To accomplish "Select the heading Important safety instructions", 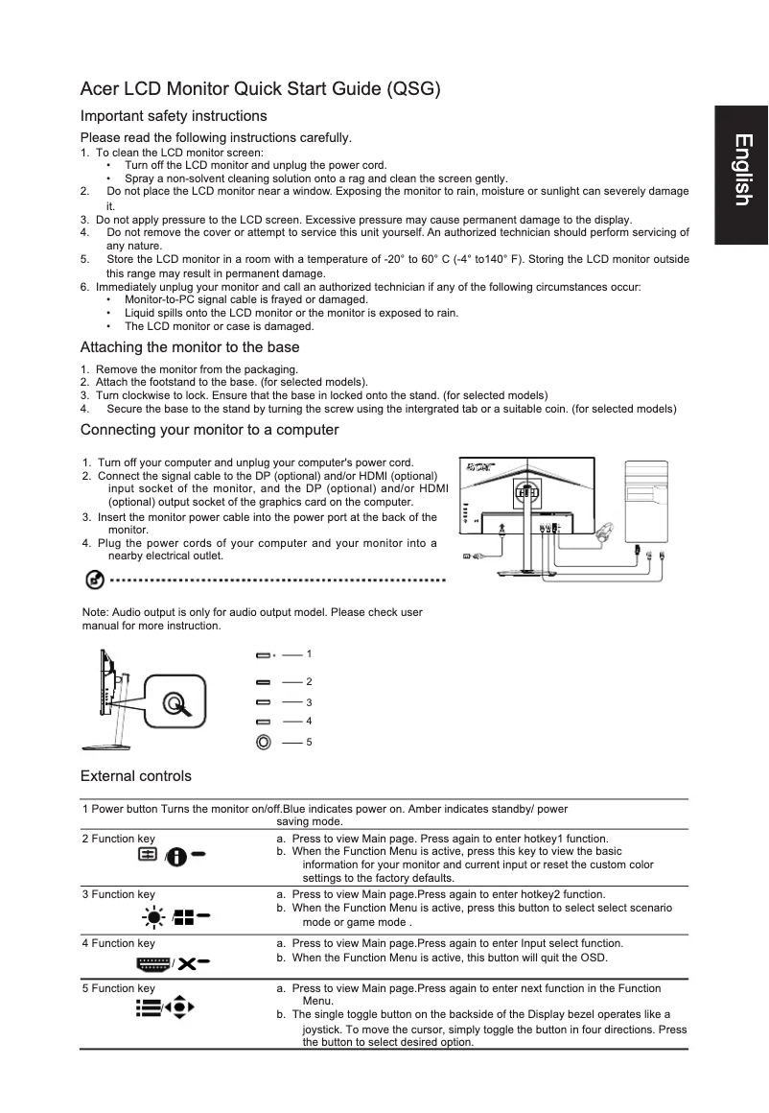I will [x=174, y=116].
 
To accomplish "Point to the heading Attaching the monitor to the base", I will [x=190, y=347].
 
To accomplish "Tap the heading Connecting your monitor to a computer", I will [x=209, y=429].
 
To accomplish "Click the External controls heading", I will [x=136, y=776].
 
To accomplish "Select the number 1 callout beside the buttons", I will [x=309, y=654].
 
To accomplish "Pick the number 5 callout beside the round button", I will [x=309, y=743].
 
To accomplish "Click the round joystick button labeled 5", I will [x=264, y=742].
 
